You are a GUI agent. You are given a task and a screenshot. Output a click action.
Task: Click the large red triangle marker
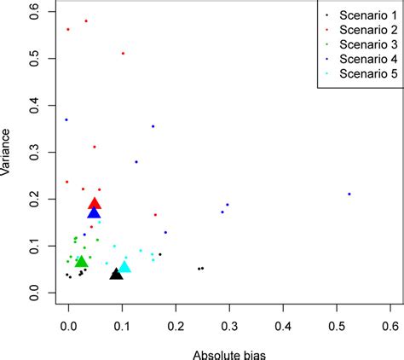pyautogui.click(x=95, y=203)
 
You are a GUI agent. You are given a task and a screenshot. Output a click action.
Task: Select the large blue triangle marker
pyautogui.click(x=94, y=212)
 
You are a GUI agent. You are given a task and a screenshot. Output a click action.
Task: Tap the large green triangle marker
pyautogui.click(x=81, y=261)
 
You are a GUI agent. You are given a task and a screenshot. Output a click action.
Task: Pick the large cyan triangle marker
pyautogui.click(x=124, y=267)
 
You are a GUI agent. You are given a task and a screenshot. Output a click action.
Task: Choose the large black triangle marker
pyautogui.click(x=116, y=274)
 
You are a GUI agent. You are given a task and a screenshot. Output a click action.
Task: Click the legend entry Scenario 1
pyautogui.click(x=355, y=15)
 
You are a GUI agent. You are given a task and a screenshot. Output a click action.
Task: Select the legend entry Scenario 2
pyautogui.click(x=355, y=30)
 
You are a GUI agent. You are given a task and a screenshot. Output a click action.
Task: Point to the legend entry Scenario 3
pyautogui.click(x=355, y=44)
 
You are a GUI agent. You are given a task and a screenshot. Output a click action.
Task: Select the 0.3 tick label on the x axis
pyautogui.click(x=229, y=325)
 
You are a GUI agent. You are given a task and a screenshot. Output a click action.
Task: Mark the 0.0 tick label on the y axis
pyautogui.click(x=35, y=292)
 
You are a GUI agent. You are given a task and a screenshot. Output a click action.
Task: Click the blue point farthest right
pyautogui.click(x=349, y=194)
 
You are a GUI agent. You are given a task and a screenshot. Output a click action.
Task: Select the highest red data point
pyautogui.click(x=86, y=20)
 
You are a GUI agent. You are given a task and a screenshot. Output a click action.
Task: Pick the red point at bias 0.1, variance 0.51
pyautogui.click(x=123, y=53)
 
